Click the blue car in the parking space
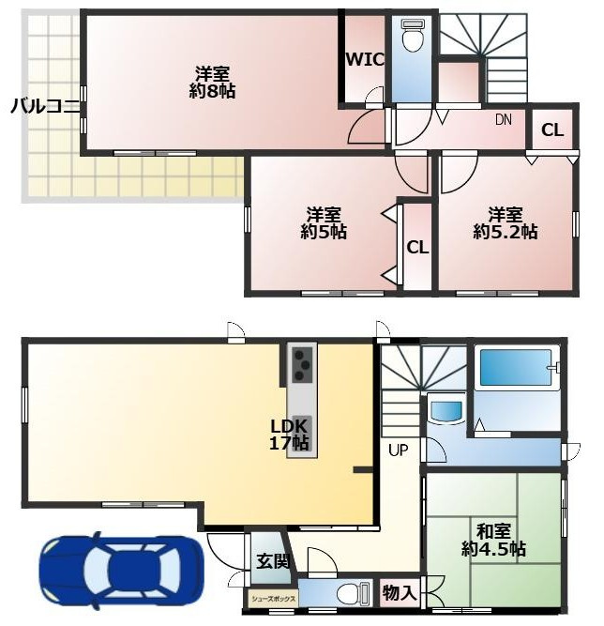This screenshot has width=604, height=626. click(121, 571)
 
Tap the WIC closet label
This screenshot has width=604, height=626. click(364, 59)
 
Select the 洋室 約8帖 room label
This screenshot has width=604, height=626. click(213, 83)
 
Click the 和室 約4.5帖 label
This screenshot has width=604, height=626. click(493, 542)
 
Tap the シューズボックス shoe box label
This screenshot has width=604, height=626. click(273, 598)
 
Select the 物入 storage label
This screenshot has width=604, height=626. click(399, 593)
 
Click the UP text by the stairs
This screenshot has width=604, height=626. click(399, 450)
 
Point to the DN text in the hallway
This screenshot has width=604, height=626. click(503, 120)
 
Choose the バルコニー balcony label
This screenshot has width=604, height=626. click(45, 106)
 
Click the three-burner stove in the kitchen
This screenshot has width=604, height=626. click(303, 364)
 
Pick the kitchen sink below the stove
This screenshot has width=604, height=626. click(300, 428)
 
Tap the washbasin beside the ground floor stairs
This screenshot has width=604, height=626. click(445, 411)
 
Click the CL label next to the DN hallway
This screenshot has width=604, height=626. click(551, 130)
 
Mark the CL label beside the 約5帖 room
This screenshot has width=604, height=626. click(417, 248)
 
